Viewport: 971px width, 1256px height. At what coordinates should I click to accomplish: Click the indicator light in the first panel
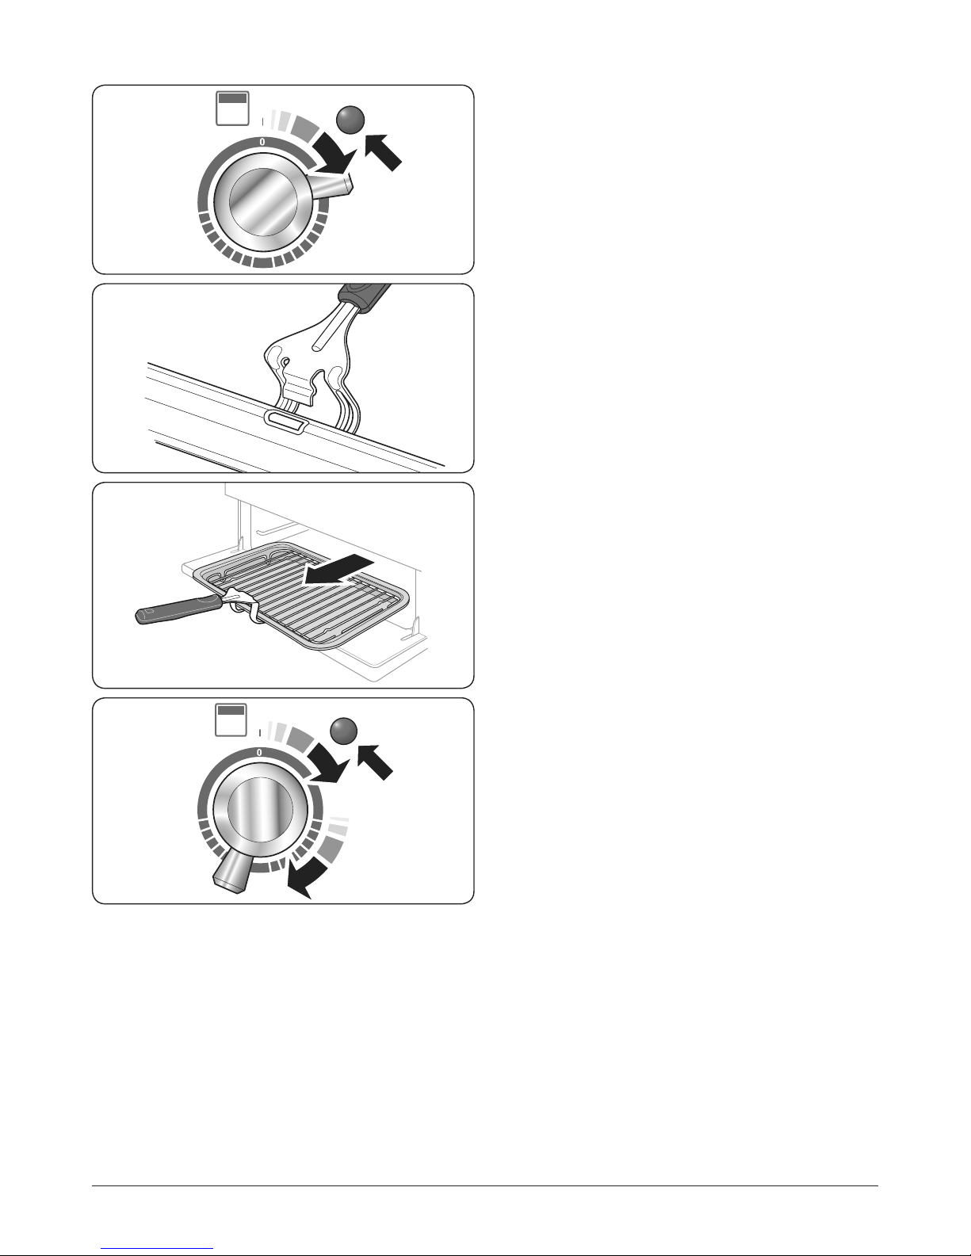tap(350, 120)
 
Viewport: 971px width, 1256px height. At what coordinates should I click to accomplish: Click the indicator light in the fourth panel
tap(343, 731)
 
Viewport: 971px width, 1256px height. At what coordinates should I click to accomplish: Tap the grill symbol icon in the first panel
tap(232, 108)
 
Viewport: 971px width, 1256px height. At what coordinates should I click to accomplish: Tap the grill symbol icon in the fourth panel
tap(231, 720)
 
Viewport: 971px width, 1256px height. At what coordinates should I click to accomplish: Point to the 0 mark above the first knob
tap(262, 142)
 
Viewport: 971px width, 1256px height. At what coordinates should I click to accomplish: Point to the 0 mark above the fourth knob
tap(259, 753)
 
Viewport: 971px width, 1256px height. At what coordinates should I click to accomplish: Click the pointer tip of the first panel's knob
tap(349, 185)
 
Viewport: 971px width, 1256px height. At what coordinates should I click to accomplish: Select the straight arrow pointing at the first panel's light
tap(383, 152)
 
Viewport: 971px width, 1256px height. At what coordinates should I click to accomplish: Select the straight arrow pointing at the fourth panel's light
tap(375, 762)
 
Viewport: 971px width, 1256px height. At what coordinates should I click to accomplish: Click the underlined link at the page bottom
tap(157, 1247)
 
